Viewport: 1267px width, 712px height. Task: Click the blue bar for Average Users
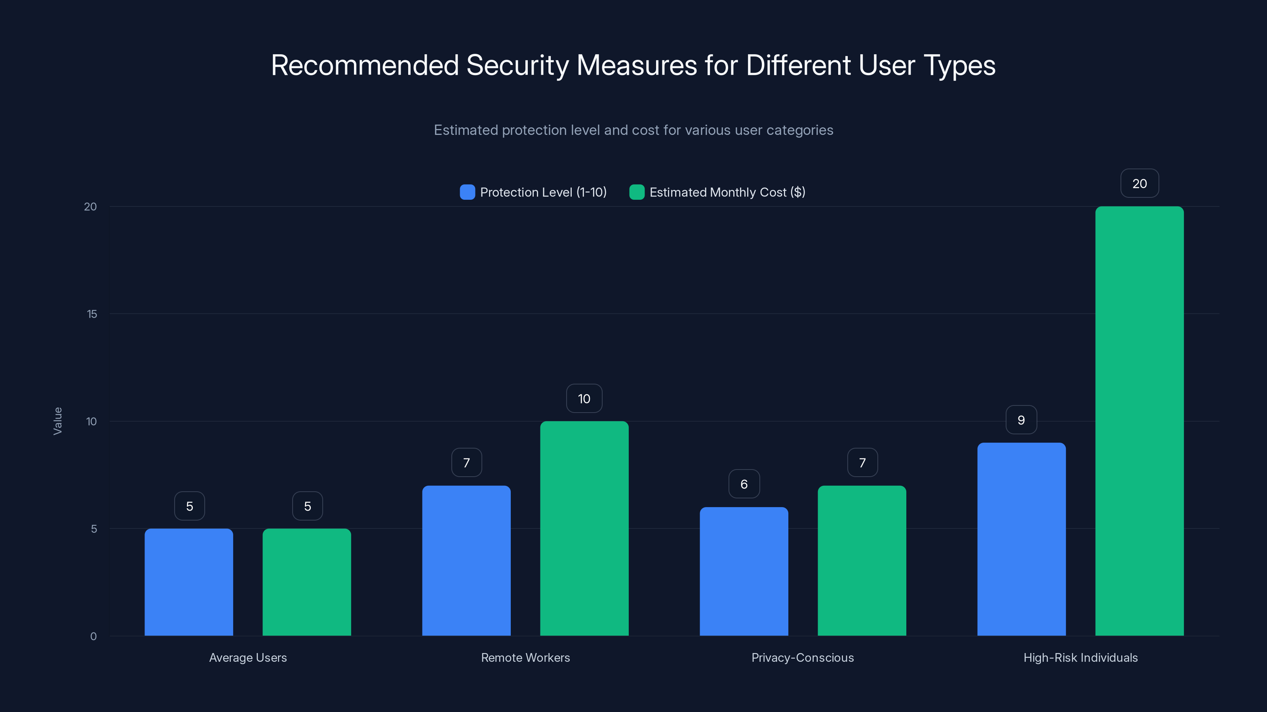(x=189, y=582)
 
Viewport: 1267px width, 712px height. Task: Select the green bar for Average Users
(x=307, y=582)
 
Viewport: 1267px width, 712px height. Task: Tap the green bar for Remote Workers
(x=584, y=528)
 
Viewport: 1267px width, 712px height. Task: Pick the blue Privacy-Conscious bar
(x=744, y=572)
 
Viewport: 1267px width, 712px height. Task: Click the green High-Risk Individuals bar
(x=1139, y=421)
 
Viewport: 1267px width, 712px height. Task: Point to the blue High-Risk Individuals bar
(x=1021, y=539)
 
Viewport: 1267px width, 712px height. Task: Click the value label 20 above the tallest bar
(x=1140, y=184)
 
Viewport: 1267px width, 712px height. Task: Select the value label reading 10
(x=584, y=398)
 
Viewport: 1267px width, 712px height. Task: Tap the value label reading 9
(x=1021, y=420)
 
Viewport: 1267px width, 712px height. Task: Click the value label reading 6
(x=744, y=484)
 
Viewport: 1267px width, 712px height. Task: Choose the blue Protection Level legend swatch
(x=467, y=192)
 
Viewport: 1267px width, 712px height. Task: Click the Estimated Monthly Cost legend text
(x=727, y=192)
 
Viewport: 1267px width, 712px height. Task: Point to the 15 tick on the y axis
(x=92, y=314)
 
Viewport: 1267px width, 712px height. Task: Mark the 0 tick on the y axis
(x=93, y=636)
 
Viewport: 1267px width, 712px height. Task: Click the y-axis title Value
(x=57, y=421)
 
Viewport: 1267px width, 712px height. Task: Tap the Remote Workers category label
(x=525, y=657)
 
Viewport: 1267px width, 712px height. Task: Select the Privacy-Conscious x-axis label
(x=802, y=657)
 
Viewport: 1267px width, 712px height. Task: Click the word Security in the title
(x=517, y=65)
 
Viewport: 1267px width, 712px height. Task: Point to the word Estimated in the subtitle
(x=465, y=130)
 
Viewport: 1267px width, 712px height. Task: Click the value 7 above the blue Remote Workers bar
(x=466, y=463)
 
